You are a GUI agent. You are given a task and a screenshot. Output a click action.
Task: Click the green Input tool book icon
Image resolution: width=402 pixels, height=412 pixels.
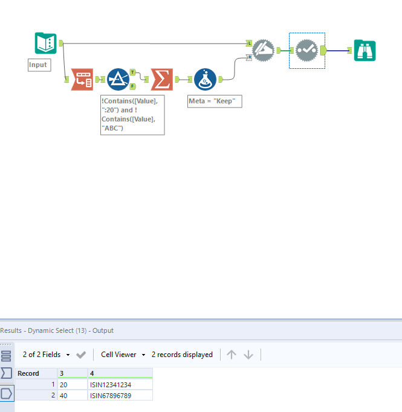[45, 43]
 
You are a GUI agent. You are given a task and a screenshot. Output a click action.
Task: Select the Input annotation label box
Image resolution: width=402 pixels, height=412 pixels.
[39, 65]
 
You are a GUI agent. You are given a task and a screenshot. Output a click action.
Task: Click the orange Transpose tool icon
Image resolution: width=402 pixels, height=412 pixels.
[82, 79]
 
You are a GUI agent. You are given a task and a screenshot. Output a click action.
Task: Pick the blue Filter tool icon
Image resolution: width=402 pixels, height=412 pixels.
[118, 79]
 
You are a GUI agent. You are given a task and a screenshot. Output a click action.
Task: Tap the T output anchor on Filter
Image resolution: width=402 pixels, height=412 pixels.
[132, 72]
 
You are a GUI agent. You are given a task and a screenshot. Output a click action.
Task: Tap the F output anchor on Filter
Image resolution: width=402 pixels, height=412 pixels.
[132, 86]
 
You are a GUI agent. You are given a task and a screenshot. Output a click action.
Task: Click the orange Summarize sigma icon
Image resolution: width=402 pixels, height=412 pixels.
[161, 79]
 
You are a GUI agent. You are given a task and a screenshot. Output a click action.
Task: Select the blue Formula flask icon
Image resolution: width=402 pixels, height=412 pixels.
[205, 79]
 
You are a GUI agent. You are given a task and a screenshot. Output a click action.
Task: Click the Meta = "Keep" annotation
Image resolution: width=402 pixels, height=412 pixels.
[215, 101]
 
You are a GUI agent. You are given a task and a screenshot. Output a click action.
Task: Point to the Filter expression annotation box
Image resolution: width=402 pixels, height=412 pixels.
[132, 115]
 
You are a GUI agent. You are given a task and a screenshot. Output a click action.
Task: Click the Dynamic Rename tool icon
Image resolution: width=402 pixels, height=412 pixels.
[263, 50]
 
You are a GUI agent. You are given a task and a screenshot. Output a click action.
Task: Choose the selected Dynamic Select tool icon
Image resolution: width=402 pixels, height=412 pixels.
[307, 51]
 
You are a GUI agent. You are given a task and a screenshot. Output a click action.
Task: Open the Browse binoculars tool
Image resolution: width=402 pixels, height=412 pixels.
[365, 51]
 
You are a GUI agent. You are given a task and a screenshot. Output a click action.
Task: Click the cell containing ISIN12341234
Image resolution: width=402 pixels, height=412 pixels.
[120, 384]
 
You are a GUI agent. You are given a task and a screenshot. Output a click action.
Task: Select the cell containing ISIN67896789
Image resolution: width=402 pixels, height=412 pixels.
[120, 395]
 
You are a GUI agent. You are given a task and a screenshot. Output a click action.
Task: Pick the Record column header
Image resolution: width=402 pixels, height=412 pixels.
[28, 373]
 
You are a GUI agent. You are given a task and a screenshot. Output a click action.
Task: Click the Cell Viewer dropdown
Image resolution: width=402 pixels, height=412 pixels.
[123, 355]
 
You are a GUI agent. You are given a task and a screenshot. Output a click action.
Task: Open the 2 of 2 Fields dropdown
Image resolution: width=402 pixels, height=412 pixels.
[46, 355]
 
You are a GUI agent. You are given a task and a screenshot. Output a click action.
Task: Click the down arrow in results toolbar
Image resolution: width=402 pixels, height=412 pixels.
[248, 355]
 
